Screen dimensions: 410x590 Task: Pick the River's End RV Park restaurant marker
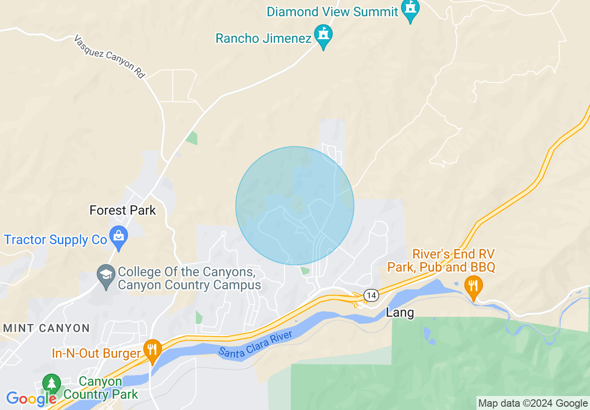click(x=473, y=286)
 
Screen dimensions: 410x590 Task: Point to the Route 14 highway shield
click(x=370, y=295)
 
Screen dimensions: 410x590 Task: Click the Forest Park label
click(x=123, y=211)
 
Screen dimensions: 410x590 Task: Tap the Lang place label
click(x=400, y=312)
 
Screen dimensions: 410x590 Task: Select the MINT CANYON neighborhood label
click(x=47, y=328)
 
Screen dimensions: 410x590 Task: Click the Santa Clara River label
click(x=255, y=344)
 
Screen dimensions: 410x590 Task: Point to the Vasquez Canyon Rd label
click(x=110, y=57)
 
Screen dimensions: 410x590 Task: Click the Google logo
click(x=31, y=399)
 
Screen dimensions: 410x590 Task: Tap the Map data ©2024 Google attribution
click(x=533, y=403)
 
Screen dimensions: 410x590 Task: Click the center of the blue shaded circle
click(x=295, y=205)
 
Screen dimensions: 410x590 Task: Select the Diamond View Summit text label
click(x=332, y=12)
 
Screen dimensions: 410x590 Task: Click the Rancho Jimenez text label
click(x=263, y=38)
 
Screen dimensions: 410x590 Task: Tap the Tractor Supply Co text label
click(x=56, y=240)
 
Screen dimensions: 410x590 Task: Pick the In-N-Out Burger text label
click(x=96, y=353)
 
